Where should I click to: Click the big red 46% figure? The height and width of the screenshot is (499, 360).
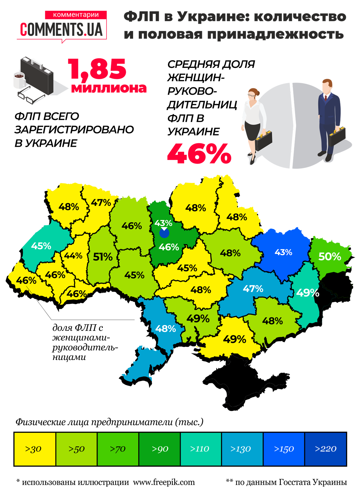click(x=199, y=154)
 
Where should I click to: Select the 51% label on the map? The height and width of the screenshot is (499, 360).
click(x=103, y=257)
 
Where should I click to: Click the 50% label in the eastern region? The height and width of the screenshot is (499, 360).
click(x=330, y=256)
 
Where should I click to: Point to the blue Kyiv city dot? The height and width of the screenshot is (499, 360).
click(x=164, y=233)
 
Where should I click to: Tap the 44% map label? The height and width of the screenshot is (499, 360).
click(x=73, y=256)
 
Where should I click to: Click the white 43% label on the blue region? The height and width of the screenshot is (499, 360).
click(x=283, y=252)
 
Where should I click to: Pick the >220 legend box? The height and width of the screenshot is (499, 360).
click(x=325, y=449)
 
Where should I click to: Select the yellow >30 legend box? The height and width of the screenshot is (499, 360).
click(x=34, y=449)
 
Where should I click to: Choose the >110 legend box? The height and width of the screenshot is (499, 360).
click(x=200, y=449)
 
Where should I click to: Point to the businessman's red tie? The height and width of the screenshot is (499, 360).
click(x=326, y=98)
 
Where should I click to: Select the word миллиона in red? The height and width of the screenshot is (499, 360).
click(x=109, y=88)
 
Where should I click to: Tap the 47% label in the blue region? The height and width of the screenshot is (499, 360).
click(x=253, y=289)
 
